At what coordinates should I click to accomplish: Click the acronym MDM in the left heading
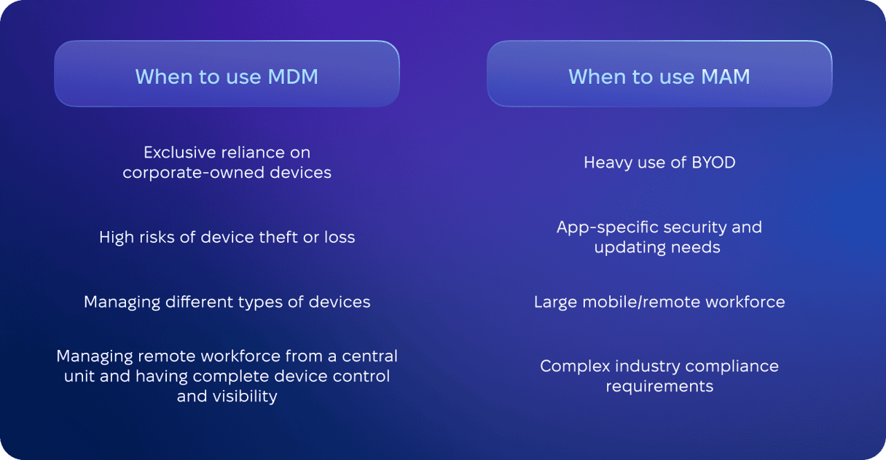293,77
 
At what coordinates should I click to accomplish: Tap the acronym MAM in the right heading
726,77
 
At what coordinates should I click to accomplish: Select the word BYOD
713,163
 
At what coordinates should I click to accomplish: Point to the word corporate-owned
193,173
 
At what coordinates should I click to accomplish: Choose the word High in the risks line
114,238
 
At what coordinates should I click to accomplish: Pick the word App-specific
607,227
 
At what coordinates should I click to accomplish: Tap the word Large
556,303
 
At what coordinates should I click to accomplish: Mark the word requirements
659,386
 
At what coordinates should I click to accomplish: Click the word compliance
732,367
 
